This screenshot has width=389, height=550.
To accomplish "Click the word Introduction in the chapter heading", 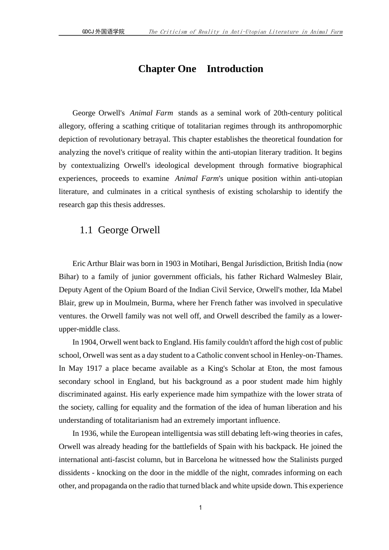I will (235, 69).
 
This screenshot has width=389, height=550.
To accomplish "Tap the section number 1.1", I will (86, 230).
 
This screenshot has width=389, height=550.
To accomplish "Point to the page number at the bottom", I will (200, 508).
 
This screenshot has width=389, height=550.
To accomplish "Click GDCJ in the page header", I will (88, 32).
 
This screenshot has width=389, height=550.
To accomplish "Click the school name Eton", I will (275, 368).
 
